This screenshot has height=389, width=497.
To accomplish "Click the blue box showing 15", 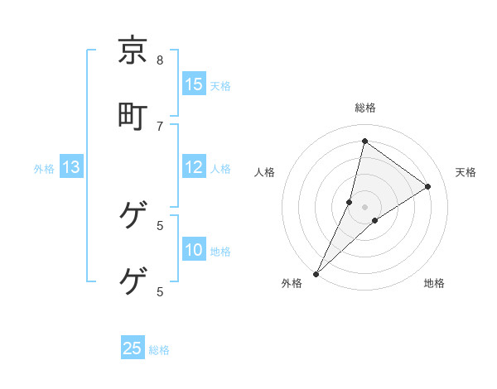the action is point(194,84).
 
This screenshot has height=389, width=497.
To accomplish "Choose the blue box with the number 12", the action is point(194,167).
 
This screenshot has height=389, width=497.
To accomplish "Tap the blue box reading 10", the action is point(194,250).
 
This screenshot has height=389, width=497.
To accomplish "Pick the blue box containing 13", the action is point(71,167).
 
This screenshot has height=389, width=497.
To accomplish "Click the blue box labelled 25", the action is point(133,348).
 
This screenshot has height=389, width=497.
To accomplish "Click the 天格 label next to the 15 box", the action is point(220,86).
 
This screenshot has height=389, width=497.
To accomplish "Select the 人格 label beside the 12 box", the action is point(220,169).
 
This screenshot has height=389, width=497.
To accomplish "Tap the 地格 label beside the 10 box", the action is point(220,252).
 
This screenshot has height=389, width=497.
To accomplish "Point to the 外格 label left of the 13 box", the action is point(44,169).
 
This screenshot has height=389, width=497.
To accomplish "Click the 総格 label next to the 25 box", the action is point(159,350).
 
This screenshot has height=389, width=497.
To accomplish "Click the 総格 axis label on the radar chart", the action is point(365,108).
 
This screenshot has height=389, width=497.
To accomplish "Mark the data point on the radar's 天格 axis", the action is point(428,186).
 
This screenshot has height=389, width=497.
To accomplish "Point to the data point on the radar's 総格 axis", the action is point(364,141).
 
